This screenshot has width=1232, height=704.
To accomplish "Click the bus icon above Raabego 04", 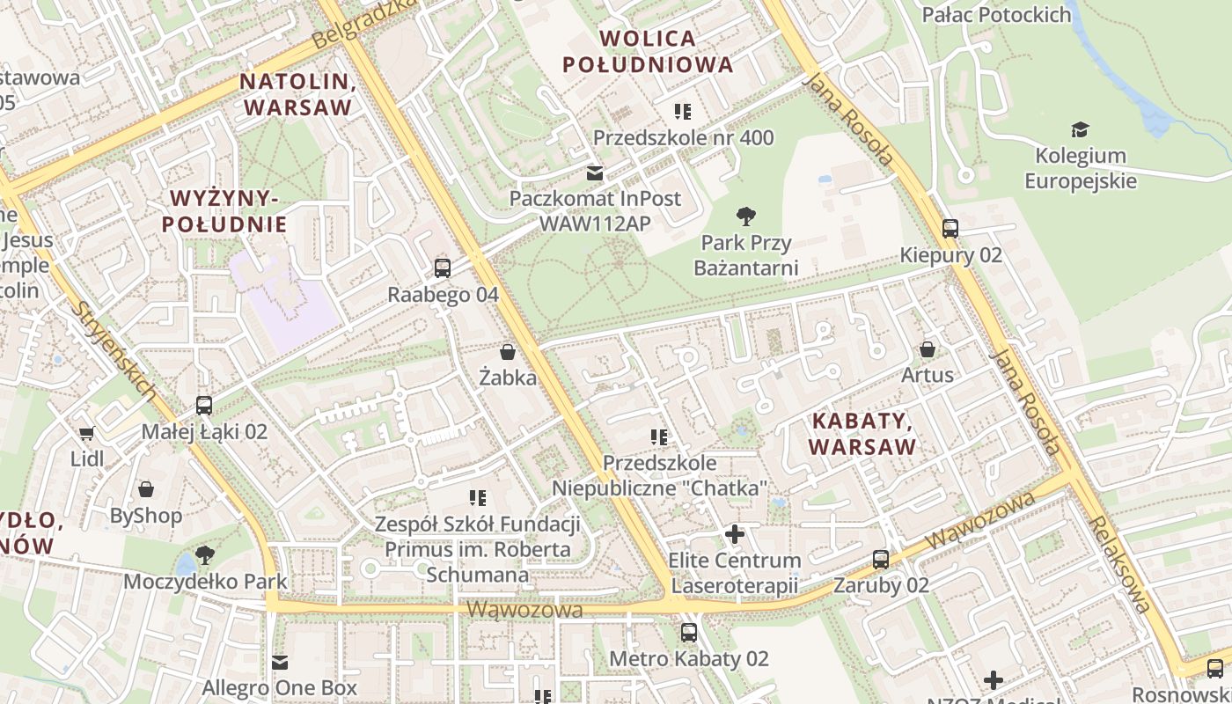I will (443, 268).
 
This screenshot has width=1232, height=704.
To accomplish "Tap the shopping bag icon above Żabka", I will (508, 352).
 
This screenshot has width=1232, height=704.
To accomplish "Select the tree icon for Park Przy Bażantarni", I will (746, 216).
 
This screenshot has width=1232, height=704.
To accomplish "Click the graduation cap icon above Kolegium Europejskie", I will (1080, 130).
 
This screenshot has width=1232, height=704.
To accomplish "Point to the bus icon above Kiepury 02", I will (950, 229).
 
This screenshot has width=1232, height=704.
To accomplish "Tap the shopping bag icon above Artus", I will (928, 349).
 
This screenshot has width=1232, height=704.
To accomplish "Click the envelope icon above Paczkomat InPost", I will (596, 172).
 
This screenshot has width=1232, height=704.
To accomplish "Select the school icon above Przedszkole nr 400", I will (683, 112).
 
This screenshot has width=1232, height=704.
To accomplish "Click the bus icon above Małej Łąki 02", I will (204, 406).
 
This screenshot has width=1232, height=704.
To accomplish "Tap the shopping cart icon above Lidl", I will (86, 433).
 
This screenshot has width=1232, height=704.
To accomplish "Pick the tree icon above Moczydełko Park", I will (205, 555).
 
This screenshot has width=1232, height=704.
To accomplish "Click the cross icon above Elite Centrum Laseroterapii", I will (734, 534).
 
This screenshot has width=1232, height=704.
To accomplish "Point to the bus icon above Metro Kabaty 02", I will (689, 632).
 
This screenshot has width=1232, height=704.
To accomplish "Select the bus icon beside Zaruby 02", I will (881, 559).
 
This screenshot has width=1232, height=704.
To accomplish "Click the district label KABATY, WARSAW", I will (862, 433).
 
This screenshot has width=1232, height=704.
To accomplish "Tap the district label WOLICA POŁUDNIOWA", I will (648, 51).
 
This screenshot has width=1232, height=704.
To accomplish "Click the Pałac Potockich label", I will (996, 15).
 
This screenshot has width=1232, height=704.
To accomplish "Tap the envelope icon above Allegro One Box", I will (280, 662).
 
